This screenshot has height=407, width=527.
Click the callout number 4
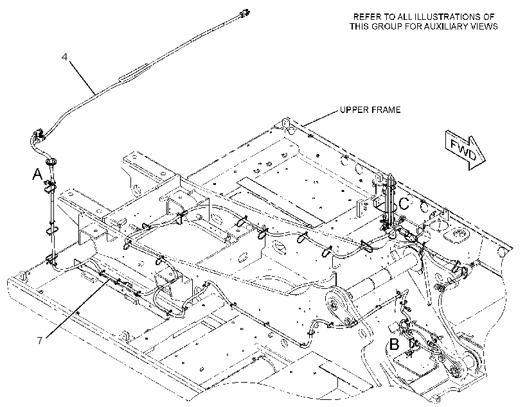coord(64,56)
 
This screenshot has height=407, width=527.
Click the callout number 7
coord(40,341)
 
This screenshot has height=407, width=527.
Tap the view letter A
coord(37,175)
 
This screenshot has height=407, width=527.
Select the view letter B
coord(394,345)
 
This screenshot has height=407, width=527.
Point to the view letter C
coord(404,203)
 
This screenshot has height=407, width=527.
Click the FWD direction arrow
coord(465,150)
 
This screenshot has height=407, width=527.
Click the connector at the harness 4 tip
coord(244,13)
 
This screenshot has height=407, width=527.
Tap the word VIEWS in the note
coord(487,26)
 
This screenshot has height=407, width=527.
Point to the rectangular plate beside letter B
coord(416,365)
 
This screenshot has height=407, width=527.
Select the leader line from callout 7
coord(77,307)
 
